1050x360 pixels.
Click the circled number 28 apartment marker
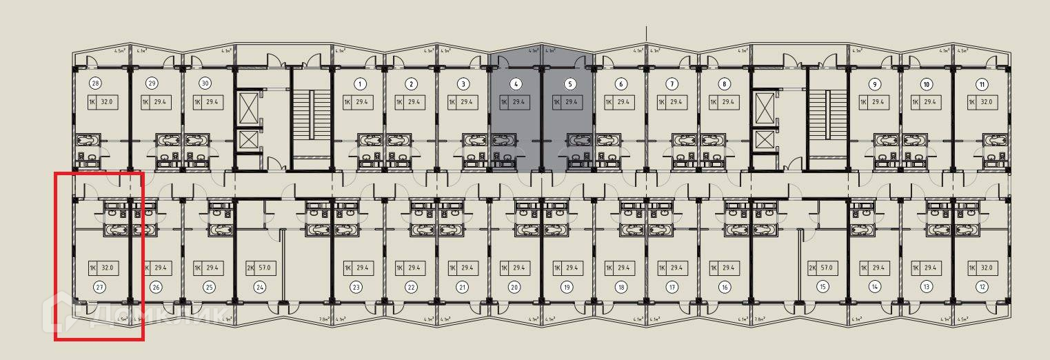96,84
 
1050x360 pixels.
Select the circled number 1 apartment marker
359,84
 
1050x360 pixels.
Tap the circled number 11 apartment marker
982,84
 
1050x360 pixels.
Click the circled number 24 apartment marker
260,287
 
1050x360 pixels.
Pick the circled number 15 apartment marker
822,287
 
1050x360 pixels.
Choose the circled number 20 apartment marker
514,287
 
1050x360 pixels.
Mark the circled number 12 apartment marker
982,287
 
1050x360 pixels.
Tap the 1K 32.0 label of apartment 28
101,103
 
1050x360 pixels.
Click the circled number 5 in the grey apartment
570,84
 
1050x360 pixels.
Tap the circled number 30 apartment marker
205,84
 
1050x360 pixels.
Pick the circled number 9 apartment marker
875,84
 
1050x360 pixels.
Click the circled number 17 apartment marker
672,287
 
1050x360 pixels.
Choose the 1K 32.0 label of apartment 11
982,103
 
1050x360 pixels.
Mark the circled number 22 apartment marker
411,287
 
